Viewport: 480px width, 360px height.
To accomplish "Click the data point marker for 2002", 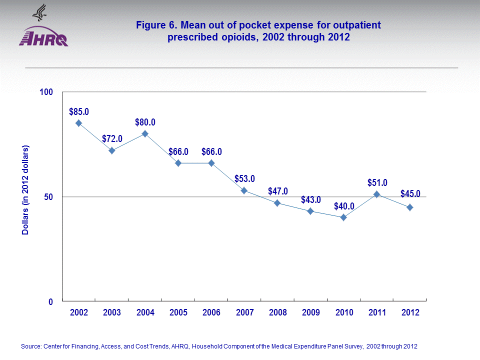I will coord(78,123).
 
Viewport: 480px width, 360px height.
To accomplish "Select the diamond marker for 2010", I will coord(343,217).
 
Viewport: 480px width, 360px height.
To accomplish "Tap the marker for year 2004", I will coord(145,133).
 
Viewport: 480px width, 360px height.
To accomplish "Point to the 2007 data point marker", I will coord(244,190).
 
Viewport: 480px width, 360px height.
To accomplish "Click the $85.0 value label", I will coord(79,111).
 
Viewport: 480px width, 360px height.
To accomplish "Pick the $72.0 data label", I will coord(112,138).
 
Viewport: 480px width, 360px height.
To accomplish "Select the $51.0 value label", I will coord(377,182).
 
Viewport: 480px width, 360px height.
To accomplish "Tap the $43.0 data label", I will coord(310,199).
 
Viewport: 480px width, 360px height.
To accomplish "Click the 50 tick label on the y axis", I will coord(48,197).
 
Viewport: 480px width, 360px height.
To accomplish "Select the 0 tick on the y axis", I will coord(50,301).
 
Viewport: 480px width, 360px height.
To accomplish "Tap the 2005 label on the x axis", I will coord(178,312).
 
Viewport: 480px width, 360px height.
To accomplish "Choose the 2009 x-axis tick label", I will coord(310,312).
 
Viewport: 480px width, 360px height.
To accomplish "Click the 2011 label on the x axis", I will coord(377,312).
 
